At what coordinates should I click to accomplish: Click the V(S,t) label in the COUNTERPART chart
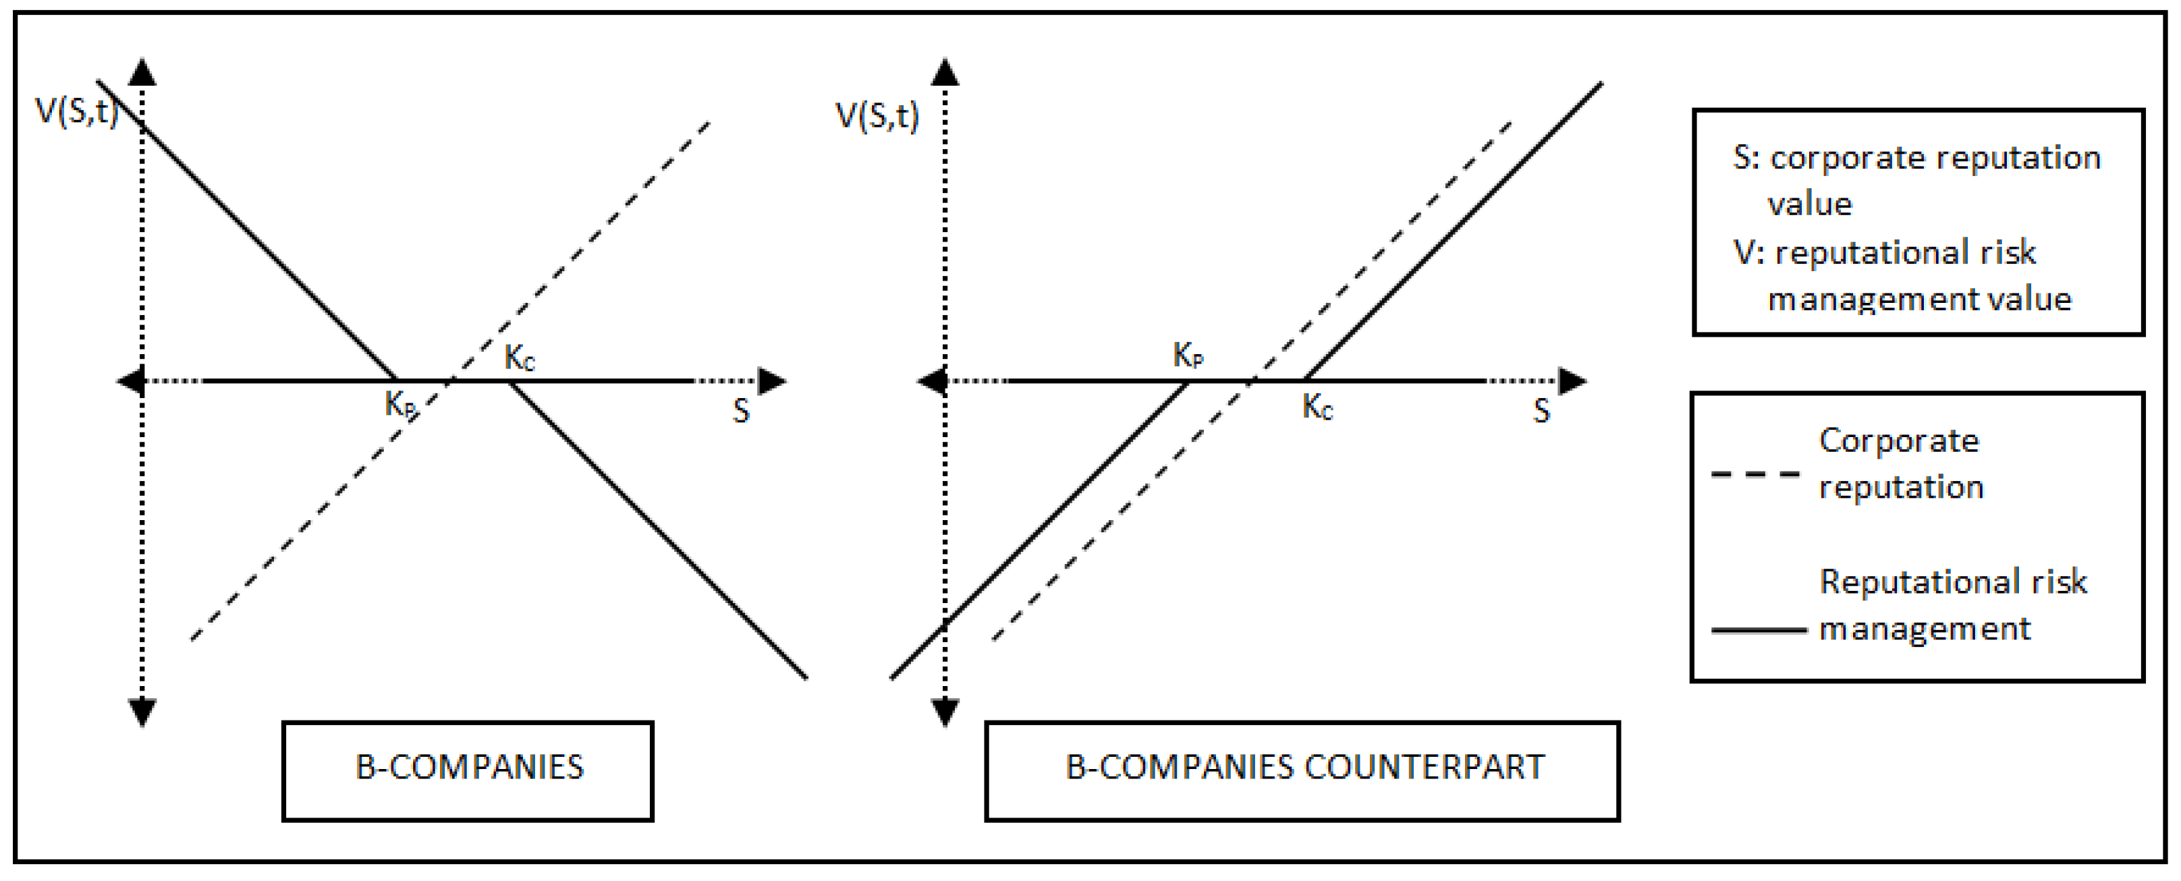[877, 116]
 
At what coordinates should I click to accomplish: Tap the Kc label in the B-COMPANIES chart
[520, 358]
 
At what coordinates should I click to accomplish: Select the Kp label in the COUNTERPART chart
[1188, 356]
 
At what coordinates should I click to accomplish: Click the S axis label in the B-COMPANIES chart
[741, 411]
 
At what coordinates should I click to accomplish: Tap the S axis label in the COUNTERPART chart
[1541, 411]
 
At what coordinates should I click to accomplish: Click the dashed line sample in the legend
[1755, 474]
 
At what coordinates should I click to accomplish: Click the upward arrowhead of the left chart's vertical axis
[142, 72]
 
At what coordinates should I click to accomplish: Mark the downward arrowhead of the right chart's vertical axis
[945, 712]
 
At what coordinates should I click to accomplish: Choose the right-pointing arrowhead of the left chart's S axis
[771, 381]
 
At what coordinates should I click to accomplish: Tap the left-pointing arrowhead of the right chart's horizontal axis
[932, 381]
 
